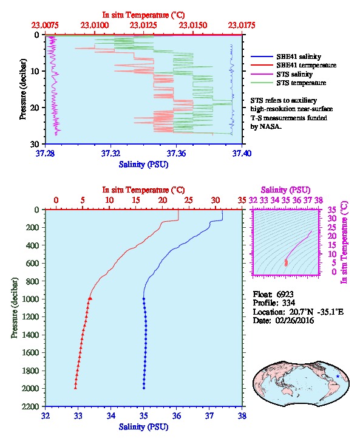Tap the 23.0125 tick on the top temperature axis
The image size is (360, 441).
143,26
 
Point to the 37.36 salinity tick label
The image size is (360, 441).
176,153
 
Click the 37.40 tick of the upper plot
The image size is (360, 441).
242,153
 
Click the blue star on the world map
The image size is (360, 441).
338,377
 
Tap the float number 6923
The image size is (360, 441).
285,294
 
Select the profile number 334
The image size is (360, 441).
288,303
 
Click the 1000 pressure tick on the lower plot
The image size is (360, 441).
33,299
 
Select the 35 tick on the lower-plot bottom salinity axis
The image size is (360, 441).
144,415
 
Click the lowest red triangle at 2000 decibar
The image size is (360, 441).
75,388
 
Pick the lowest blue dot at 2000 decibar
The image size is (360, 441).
144,388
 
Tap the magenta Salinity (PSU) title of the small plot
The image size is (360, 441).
285,190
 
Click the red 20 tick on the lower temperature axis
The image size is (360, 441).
162,200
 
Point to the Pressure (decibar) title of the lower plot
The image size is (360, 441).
15,308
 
